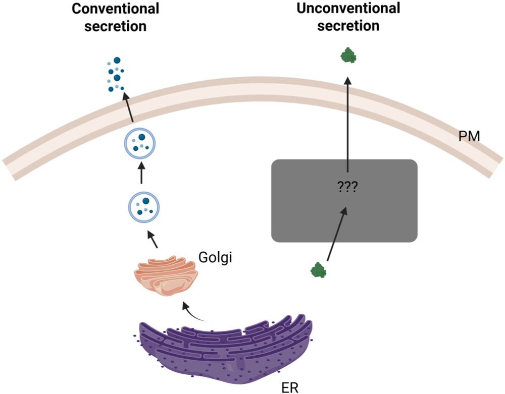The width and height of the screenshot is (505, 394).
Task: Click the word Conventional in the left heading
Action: click(x=115, y=9)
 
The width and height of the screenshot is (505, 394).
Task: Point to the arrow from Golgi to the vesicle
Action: click(x=152, y=239)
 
